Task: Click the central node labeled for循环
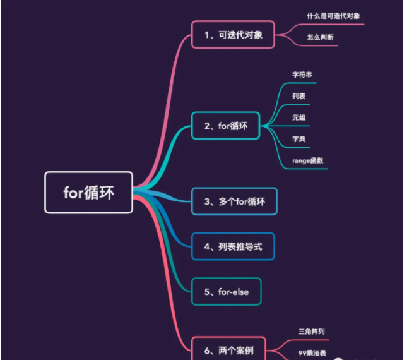88,193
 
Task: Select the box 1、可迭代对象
233,35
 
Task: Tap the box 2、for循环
226,126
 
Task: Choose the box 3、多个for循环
234,202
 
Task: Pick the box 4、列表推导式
233,246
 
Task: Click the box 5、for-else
225,291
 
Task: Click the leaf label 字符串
302,75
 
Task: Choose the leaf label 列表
299,96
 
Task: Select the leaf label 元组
299,117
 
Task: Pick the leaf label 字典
299,139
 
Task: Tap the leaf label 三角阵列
311,331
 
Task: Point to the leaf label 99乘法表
312,352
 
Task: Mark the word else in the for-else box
239,291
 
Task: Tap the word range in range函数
300,160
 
